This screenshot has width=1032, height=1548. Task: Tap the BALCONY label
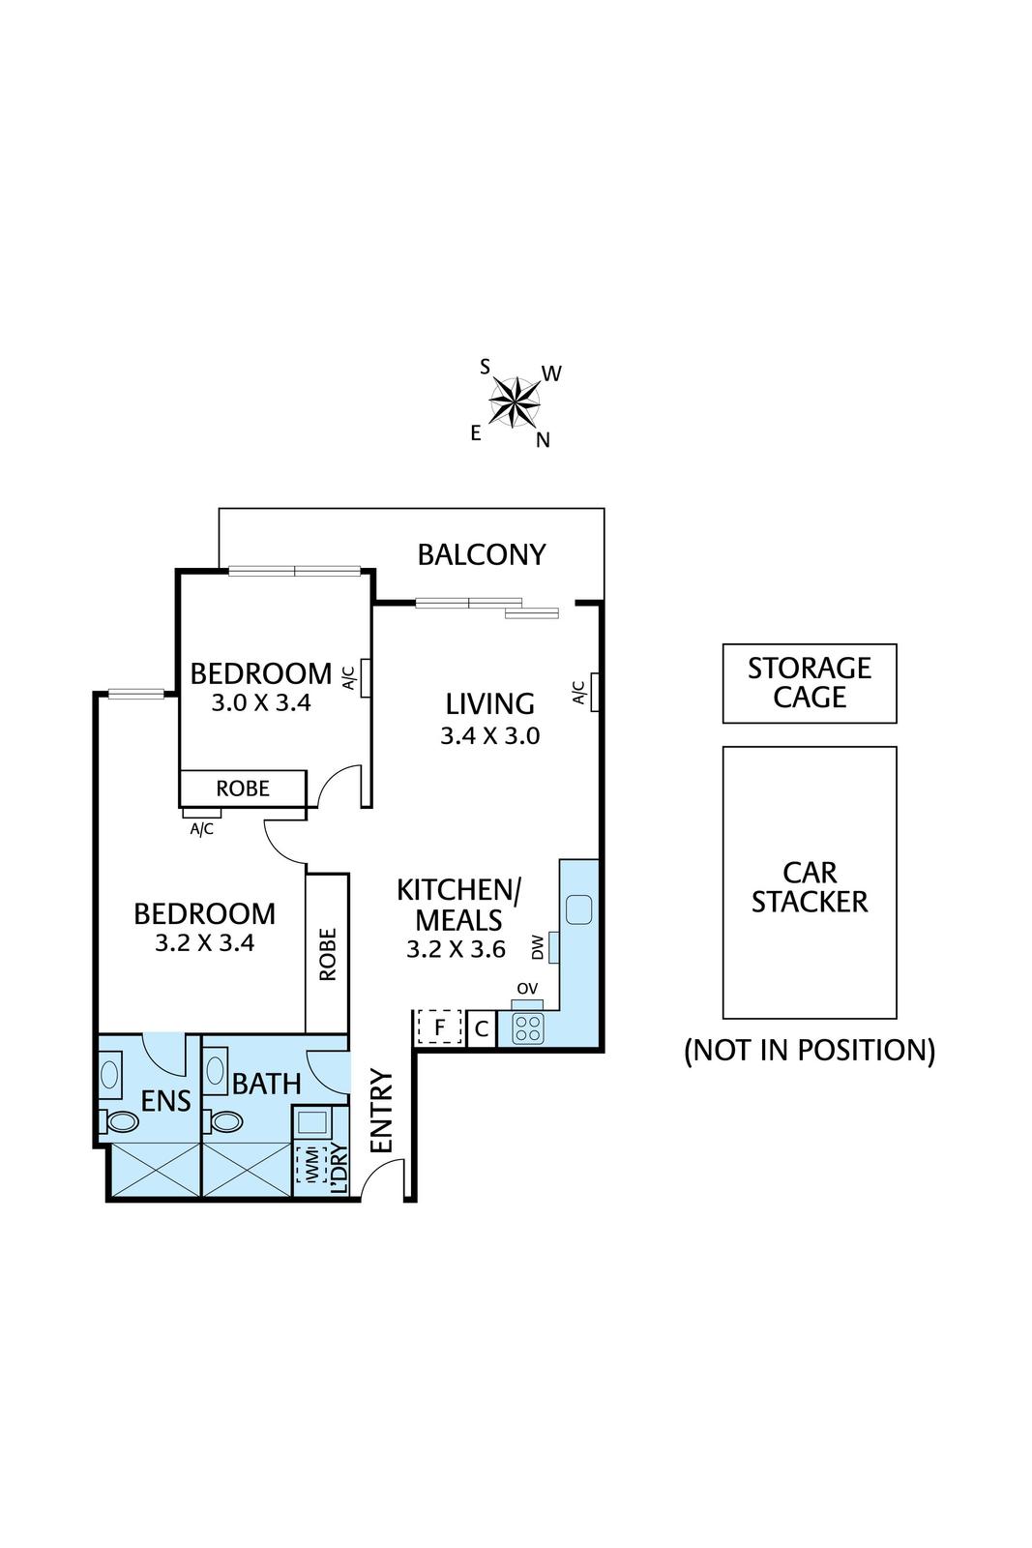coord(481,554)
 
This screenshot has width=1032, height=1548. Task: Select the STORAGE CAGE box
coord(809,683)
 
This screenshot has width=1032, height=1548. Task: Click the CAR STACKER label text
coord(809,887)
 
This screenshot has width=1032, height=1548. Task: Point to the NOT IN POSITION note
coord(809,1050)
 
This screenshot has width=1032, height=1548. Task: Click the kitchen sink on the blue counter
coord(578,909)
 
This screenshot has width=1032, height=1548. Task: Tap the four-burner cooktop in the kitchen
coord(527,1028)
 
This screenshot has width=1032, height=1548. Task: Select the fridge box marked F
coord(439,1027)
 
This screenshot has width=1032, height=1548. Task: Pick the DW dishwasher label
coord(538,947)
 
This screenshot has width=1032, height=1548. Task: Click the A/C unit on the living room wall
coord(595,692)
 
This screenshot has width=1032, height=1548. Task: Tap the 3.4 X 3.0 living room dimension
coord(489,735)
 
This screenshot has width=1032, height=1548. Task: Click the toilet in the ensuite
coord(122,1121)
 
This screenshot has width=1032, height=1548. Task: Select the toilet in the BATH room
coord(225,1121)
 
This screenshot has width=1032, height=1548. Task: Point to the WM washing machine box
coord(310,1165)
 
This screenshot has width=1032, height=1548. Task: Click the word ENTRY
coord(382,1111)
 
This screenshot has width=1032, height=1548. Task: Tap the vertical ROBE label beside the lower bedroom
coord(327,955)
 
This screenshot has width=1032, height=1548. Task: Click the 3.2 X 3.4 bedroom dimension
coord(204,942)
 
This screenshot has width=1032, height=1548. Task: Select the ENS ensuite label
coord(165,1101)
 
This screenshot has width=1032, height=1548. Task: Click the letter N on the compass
coord(543,440)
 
